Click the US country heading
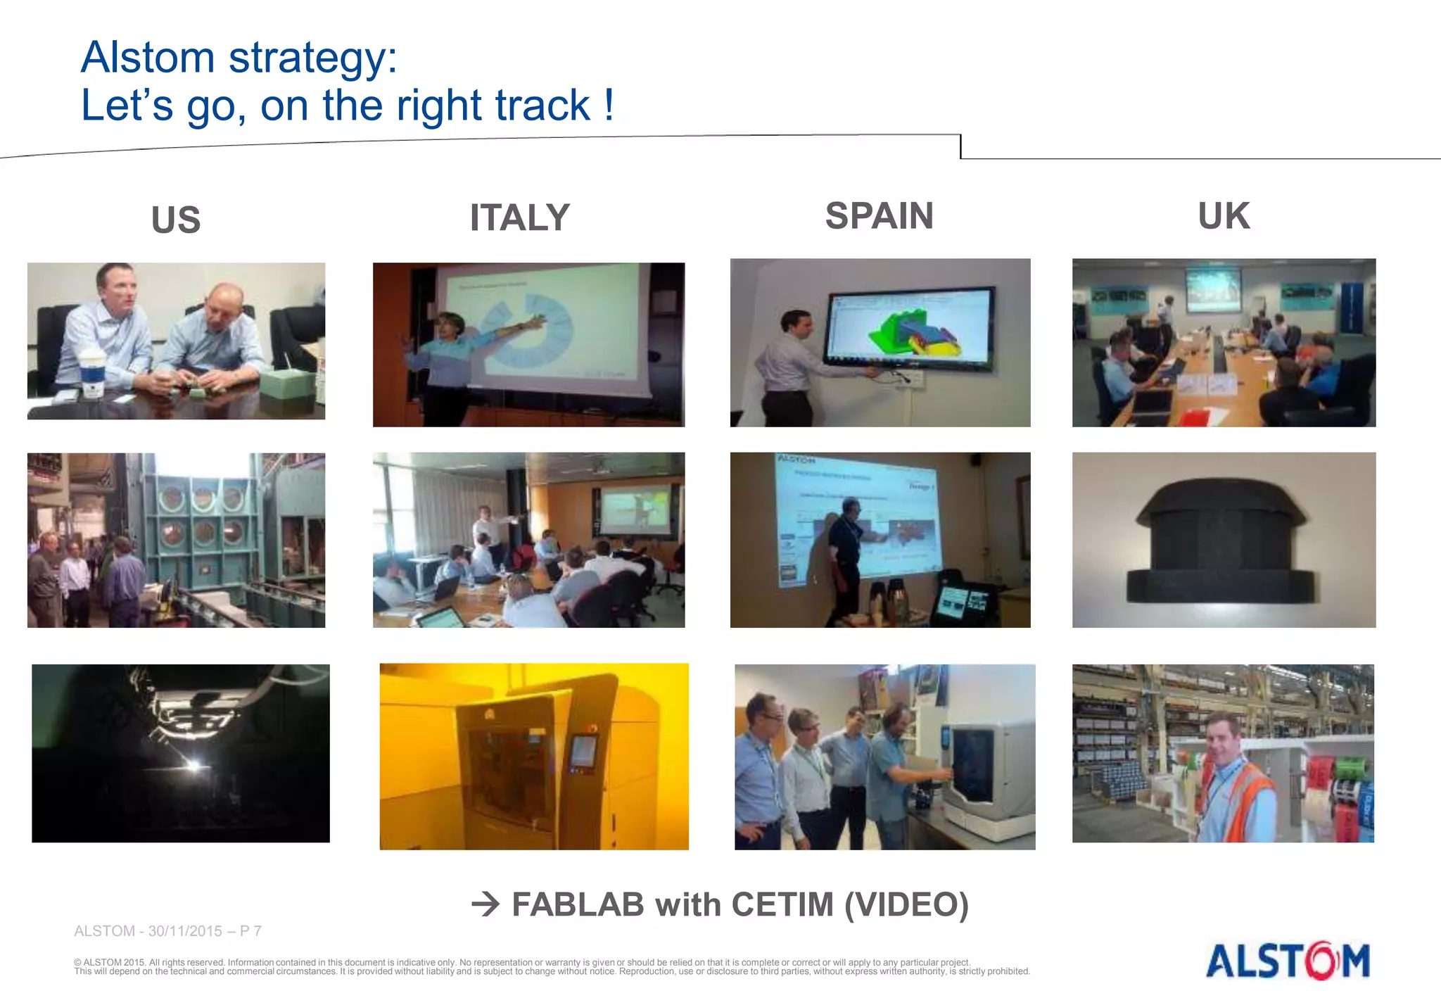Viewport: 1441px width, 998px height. point(176,220)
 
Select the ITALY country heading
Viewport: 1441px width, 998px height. point(519,217)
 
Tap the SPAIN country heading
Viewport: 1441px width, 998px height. point(879,215)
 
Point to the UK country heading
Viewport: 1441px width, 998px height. point(1224,215)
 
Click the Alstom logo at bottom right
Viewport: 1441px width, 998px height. point(1288,961)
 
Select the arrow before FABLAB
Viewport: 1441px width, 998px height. point(485,904)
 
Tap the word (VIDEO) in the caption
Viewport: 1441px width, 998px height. point(906,904)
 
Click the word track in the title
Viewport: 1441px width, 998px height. point(542,106)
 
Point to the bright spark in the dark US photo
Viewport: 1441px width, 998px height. point(194,765)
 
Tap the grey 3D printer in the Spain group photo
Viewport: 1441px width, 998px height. point(985,771)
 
